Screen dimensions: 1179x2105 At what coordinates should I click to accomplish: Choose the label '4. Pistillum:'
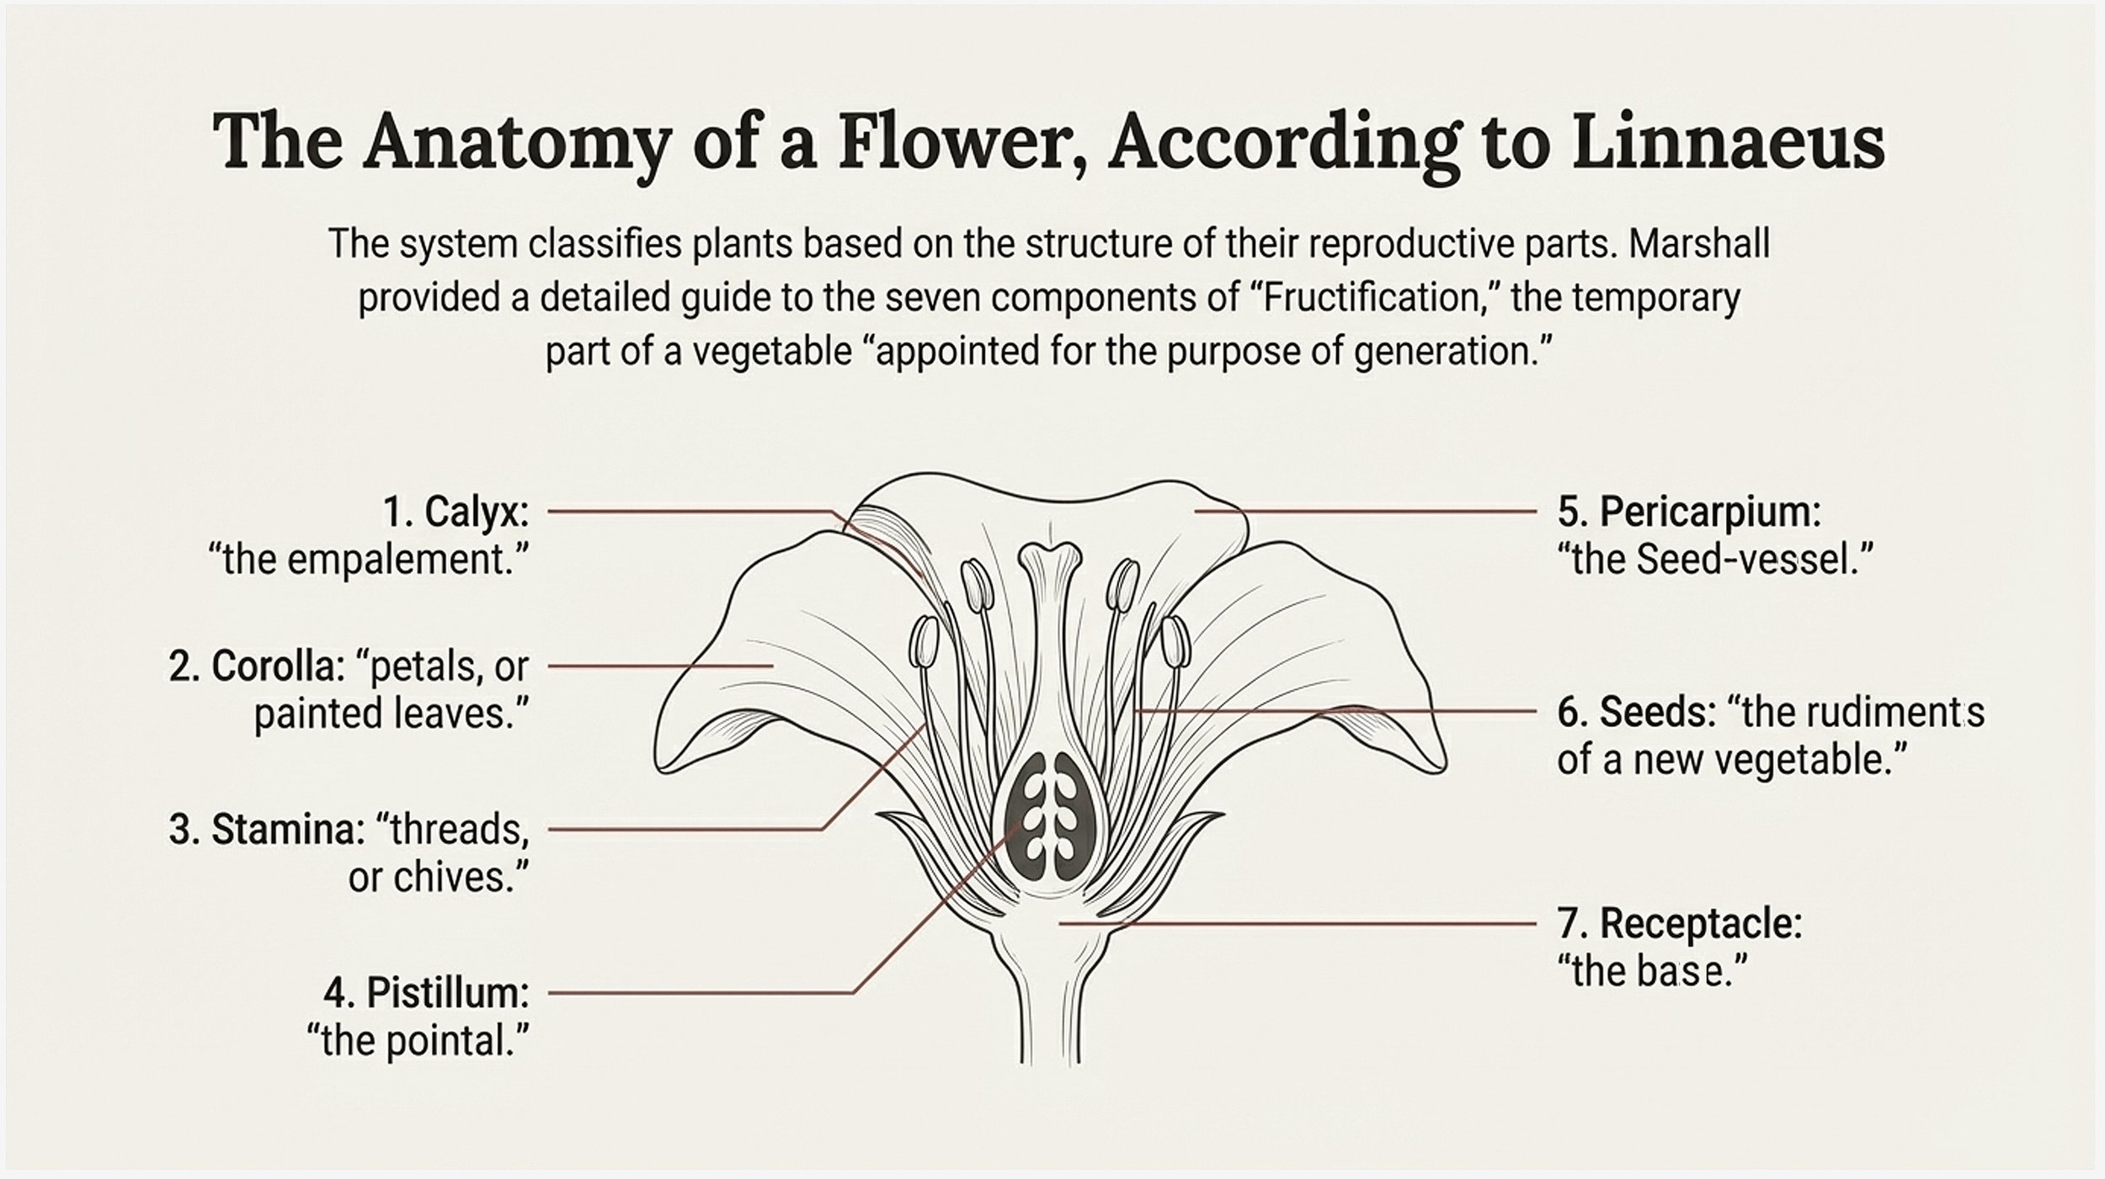pyautogui.click(x=426, y=993)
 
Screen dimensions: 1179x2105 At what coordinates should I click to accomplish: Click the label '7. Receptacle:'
pyautogui.click(x=1680, y=923)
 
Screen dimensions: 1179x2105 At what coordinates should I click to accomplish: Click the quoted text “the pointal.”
pyautogui.click(x=418, y=1041)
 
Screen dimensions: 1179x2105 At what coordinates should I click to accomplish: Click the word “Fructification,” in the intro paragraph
pyautogui.click(x=1373, y=298)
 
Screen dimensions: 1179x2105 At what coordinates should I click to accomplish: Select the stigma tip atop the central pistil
pyautogui.click(x=1049, y=556)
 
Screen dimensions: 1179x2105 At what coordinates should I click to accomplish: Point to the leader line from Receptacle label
pyautogui.click(x=1297, y=923)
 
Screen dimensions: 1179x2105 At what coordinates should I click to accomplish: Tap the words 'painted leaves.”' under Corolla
pyautogui.click(x=392, y=714)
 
